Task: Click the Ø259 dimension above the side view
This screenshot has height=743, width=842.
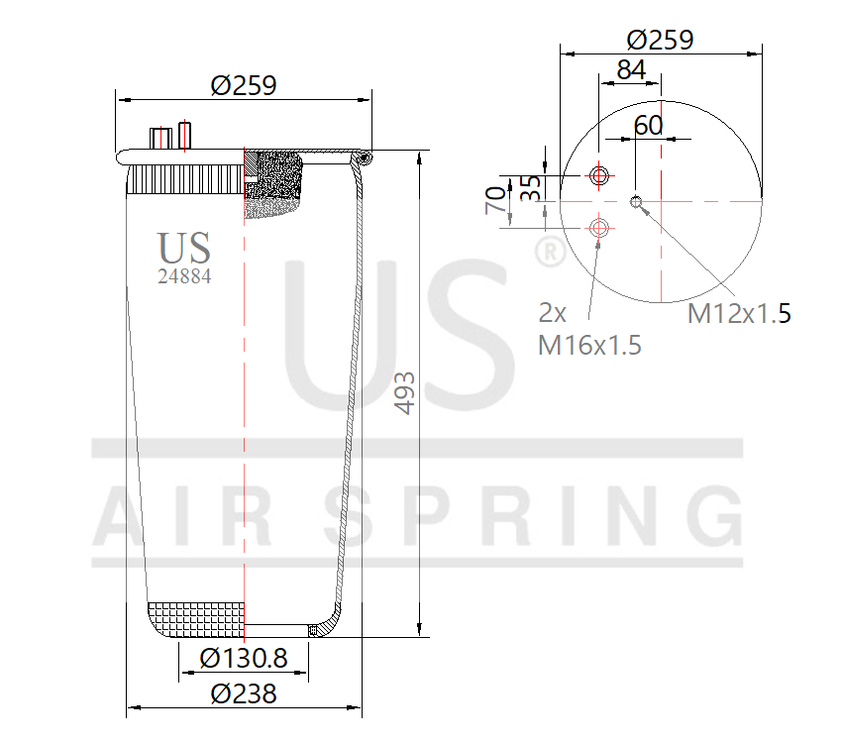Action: (243, 85)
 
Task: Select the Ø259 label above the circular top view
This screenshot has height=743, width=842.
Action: (660, 40)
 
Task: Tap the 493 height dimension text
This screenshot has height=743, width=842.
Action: (404, 393)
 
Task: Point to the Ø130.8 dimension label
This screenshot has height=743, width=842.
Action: (243, 658)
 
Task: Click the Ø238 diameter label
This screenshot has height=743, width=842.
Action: (243, 693)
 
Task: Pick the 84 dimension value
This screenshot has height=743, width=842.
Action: (631, 70)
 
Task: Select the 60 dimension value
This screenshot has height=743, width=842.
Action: (648, 125)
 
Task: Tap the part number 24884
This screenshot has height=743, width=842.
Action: (184, 277)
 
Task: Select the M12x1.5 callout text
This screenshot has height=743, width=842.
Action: (739, 314)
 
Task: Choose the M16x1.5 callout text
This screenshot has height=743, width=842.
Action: (589, 345)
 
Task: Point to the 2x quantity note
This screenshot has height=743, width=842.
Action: (553, 313)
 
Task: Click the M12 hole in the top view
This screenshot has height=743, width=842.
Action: (637, 203)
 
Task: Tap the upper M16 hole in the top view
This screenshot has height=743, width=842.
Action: (598, 176)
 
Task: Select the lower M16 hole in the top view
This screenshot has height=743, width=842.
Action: (598, 228)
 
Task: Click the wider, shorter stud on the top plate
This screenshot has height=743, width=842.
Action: (158, 139)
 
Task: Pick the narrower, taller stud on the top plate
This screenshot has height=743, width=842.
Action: (184, 135)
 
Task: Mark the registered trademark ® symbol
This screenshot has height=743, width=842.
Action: (549, 251)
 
